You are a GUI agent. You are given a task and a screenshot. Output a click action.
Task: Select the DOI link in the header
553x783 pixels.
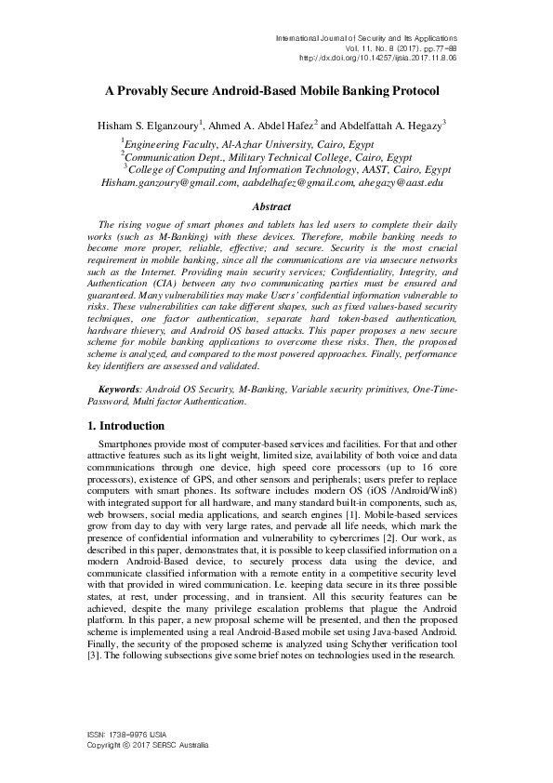click(x=377, y=57)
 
